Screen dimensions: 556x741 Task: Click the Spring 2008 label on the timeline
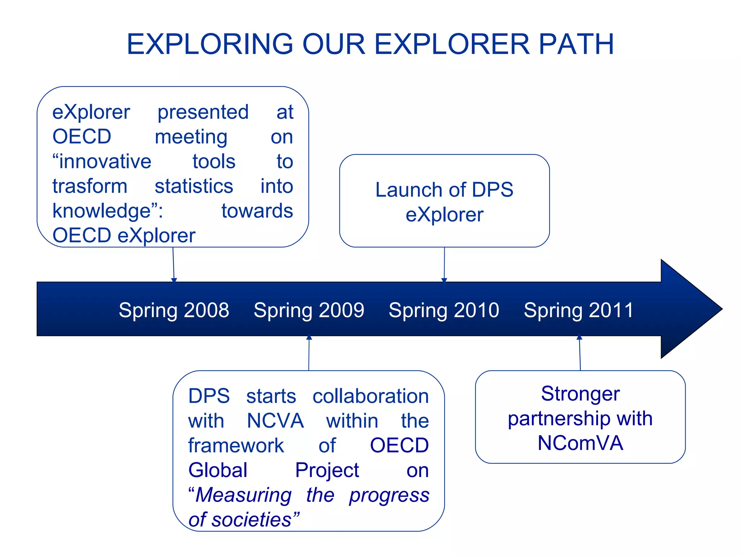(x=174, y=310)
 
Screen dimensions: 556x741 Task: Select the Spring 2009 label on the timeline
(x=309, y=310)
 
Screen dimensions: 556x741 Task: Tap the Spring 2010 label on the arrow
(x=444, y=310)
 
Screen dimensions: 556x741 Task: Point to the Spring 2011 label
(x=579, y=310)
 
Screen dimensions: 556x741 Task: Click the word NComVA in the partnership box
(x=580, y=443)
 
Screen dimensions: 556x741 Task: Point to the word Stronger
(x=580, y=393)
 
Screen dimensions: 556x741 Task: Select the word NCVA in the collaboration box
(x=275, y=421)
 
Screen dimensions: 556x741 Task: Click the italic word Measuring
(x=243, y=495)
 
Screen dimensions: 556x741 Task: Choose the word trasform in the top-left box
(x=90, y=186)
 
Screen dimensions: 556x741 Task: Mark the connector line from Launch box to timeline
(x=444, y=264)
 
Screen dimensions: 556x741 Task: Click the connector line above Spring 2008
(x=173, y=264)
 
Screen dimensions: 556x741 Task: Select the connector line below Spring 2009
(x=309, y=354)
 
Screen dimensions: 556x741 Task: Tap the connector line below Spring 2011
(x=580, y=354)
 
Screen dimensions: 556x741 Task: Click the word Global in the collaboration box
(x=218, y=470)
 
